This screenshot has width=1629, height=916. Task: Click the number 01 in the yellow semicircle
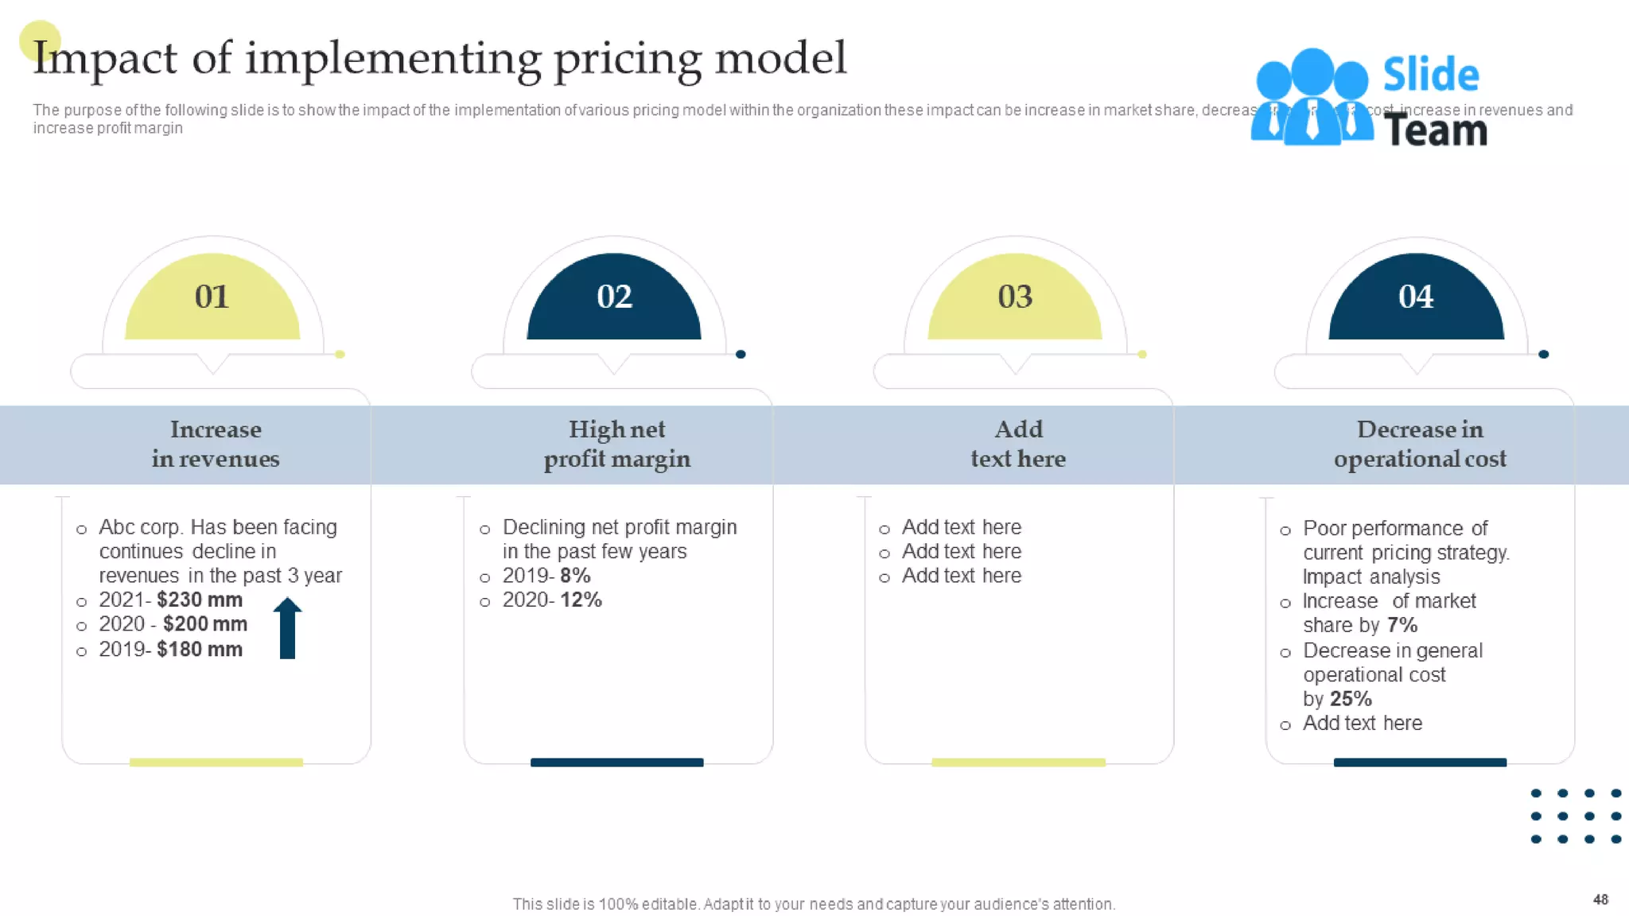click(x=212, y=297)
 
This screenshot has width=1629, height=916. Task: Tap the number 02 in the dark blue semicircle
click(x=614, y=297)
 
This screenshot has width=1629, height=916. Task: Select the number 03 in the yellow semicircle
click(x=1015, y=297)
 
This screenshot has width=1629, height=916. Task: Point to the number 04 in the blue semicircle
click(x=1416, y=297)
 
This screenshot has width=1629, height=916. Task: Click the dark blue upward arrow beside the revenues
click(x=287, y=627)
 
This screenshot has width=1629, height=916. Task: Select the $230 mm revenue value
click(x=200, y=600)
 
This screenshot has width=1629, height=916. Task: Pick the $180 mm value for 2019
click(x=200, y=650)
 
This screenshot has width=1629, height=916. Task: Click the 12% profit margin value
click(x=581, y=600)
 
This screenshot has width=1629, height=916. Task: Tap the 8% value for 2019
click(x=575, y=575)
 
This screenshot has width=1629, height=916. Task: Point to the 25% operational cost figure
click(x=1351, y=699)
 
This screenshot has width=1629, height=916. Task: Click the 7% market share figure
click(x=1402, y=625)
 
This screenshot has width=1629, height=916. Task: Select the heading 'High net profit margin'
click(x=616, y=444)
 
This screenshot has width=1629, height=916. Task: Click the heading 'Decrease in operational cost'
click(x=1420, y=444)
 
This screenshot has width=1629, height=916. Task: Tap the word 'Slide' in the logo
click(x=1430, y=75)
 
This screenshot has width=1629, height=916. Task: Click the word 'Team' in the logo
click(x=1435, y=130)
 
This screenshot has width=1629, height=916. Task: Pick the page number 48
click(x=1600, y=899)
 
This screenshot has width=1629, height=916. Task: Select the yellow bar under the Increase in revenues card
click(x=216, y=763)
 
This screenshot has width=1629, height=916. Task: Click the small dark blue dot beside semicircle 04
click(x=1543, y=355)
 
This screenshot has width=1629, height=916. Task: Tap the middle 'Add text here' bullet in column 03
click(x=961, y=551)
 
